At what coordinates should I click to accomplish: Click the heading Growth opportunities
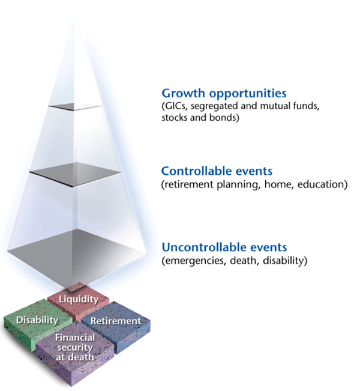pyautogui.click(x=224, y=94)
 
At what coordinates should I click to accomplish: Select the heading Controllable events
pyautogui.click(x=217, y=172)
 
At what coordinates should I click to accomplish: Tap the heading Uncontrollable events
pyautogui.click(x=224, y=247)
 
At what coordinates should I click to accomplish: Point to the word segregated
pyautogui.click(x=218, y=106)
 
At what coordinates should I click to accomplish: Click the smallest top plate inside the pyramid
pyautogui.click(x=76, y=107)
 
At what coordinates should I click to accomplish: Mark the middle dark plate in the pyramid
pyautogui.click(x=76, y=174)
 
